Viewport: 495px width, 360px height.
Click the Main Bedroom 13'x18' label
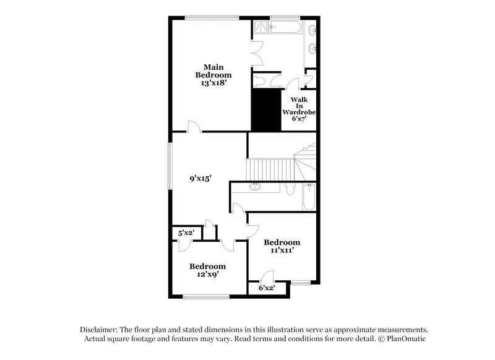pos(209,74)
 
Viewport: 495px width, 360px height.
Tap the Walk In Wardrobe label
pos(299,109)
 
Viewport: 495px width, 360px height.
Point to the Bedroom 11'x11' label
pos(282,246)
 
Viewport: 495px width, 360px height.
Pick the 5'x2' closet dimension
pos(186,233)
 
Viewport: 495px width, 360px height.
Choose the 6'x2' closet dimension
pos(266,288)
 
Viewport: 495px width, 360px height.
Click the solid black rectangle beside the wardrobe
pos(265,109)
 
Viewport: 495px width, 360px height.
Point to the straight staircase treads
pos(269,168)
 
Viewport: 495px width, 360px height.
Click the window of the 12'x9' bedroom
pos(207,297)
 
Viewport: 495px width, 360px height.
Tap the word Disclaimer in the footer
pos(99,330)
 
